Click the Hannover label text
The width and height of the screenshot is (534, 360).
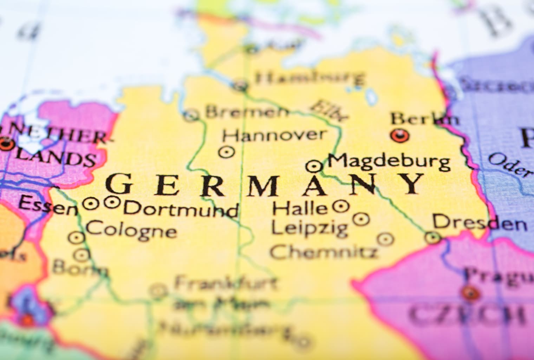pos(274,135)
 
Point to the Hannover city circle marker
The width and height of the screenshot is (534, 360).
pos(227,152)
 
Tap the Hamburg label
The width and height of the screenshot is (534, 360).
pos(310,77)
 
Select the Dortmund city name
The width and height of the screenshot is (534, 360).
pos(181,209)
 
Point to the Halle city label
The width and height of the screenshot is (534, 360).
pos(300,209)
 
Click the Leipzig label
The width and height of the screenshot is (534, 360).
pos(310,228)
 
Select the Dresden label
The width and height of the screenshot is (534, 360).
pos(480,223)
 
